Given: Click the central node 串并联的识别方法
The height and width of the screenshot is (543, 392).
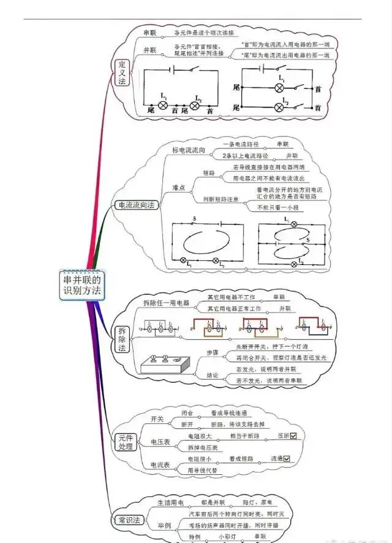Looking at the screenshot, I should coord(83,284).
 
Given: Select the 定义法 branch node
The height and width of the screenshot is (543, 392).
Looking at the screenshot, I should coord(122,72).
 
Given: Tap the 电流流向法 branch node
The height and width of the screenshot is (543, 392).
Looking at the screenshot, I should coord(137,206).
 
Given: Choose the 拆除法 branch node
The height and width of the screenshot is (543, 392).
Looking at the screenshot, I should coord(122,339).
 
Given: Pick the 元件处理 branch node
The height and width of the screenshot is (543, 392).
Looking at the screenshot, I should coord(125,442).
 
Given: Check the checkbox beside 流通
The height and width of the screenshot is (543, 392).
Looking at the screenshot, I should coord(286,458).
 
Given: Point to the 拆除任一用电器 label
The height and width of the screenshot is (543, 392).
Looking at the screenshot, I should coord(166,303).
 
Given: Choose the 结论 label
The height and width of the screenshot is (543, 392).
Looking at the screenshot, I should coord(213,375).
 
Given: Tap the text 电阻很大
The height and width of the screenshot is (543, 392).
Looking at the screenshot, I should coord(199,436).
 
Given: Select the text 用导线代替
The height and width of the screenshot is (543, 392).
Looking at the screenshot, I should coord(202,471).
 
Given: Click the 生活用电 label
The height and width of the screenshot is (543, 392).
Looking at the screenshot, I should coord(171,503).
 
